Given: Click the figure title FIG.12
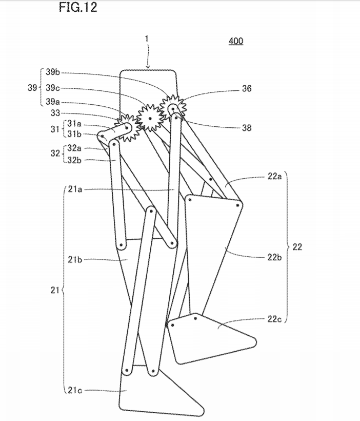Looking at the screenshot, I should (78, 8).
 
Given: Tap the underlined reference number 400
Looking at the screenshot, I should (236, 41).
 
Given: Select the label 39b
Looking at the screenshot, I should (53, 73).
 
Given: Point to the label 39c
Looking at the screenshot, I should (53, 87).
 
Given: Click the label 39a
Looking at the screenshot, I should (53, 101).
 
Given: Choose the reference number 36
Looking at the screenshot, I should (246, 88).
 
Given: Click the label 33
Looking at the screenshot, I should (56, 112).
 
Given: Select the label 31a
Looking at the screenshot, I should (75, 124).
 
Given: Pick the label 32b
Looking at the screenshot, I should (75, 160).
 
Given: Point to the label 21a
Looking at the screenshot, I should (75, 189).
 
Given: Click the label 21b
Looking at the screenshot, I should (75, 259).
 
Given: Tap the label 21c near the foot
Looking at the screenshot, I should (75, 390).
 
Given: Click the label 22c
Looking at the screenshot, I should (274, 319).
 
